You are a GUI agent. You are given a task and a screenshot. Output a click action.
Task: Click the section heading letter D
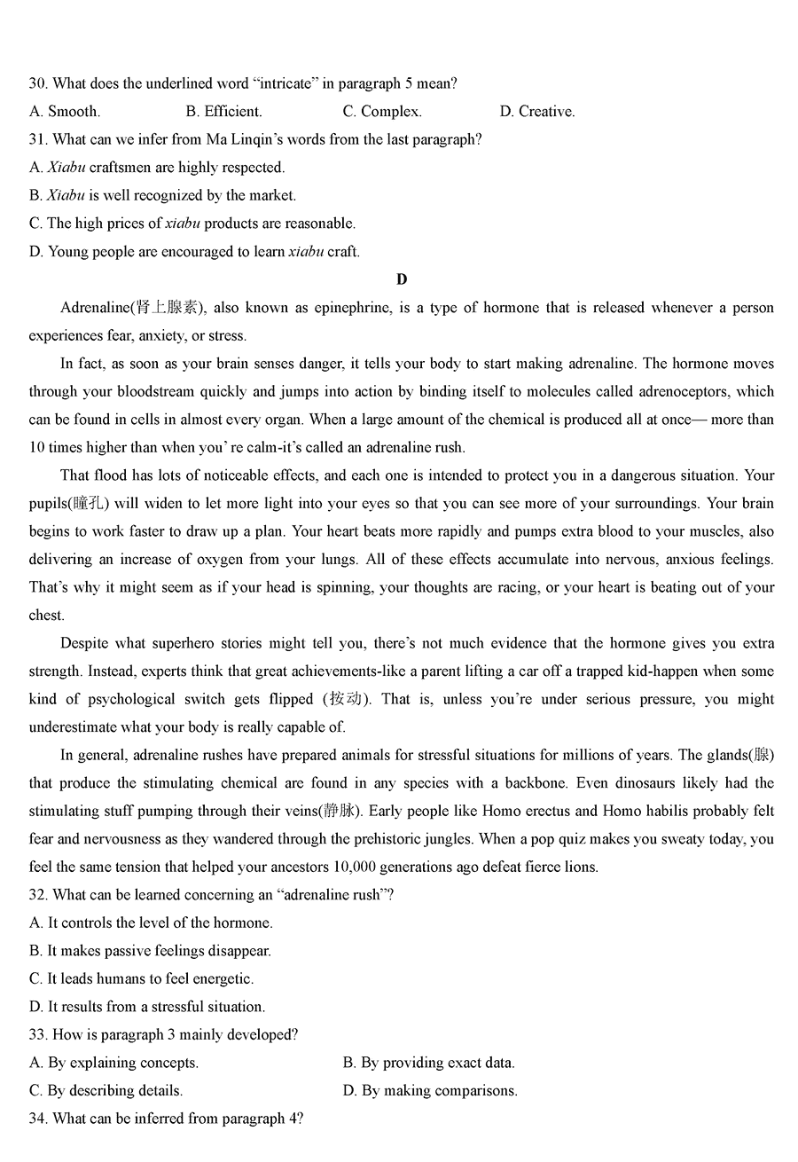tap(402, 279)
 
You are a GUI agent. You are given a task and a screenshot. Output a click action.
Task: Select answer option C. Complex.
tap(382, 111)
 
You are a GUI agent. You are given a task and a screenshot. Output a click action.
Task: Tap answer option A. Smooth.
tap(65, 111)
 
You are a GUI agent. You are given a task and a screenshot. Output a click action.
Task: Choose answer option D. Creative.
tap(537, 111)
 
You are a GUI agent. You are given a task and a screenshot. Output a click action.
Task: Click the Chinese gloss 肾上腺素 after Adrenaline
tap(168, 308)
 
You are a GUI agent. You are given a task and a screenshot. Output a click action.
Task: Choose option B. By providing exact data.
tap(428, 1063)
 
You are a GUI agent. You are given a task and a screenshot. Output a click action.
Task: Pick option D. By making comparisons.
tap(430, 1090)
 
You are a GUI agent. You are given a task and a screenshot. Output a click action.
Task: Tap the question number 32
tap(38, 894)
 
